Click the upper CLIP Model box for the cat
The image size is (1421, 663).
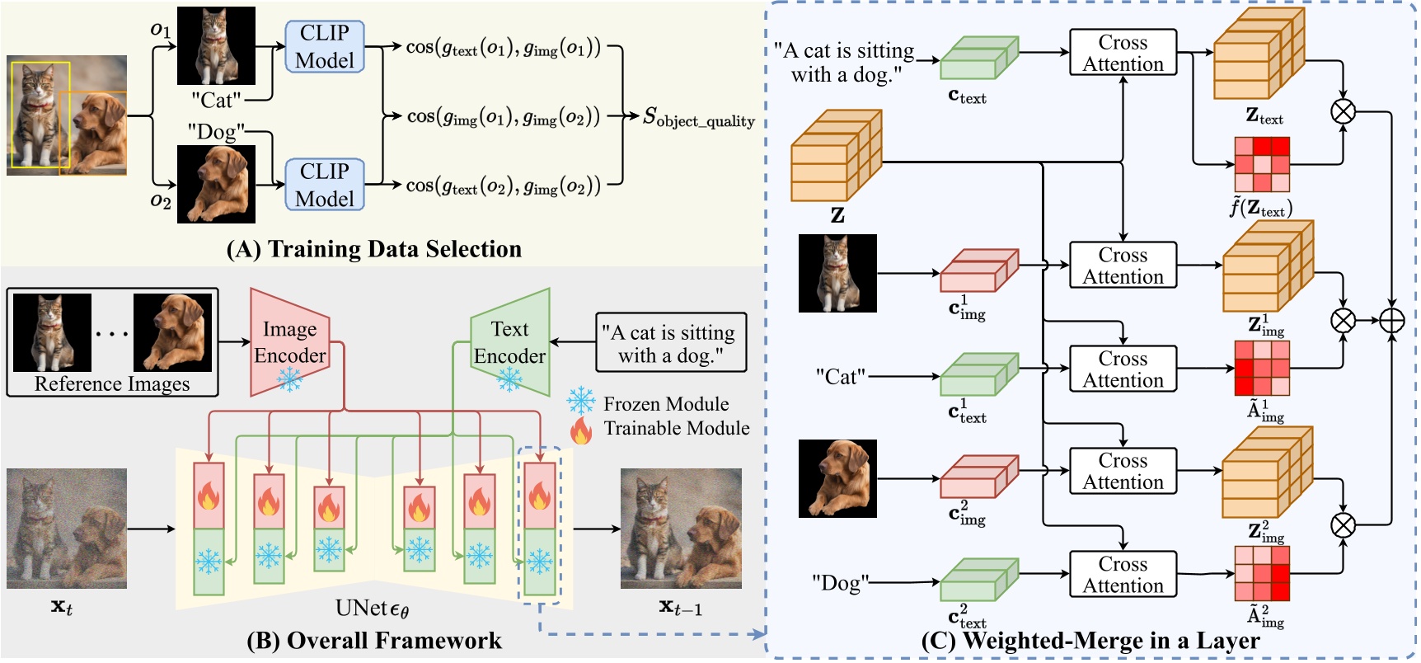point(325,47)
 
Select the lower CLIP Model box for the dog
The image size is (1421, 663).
point(325,185)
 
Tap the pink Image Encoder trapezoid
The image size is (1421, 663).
point(289,342)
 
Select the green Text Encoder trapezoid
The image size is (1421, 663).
point(510,342)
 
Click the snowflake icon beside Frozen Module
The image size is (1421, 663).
point(581,402)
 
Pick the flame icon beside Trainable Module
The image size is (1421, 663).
point(581,430)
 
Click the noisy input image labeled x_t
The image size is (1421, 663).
point(67,528)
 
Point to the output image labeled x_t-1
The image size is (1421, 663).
point(681,528)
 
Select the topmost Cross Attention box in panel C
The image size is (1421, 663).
point(1123,53)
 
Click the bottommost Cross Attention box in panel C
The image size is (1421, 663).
point(1123,574)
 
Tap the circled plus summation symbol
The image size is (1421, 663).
point(1392,320)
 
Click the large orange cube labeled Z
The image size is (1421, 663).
point(834,158)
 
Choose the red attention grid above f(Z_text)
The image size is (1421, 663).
point(1261,164)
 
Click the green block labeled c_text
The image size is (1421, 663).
point(978,59)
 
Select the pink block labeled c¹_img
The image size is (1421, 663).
point(978,271)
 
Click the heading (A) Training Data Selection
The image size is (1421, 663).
point(373,249)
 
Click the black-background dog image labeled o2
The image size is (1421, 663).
point(217,184)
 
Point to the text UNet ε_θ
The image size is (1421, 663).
point(373,609)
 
